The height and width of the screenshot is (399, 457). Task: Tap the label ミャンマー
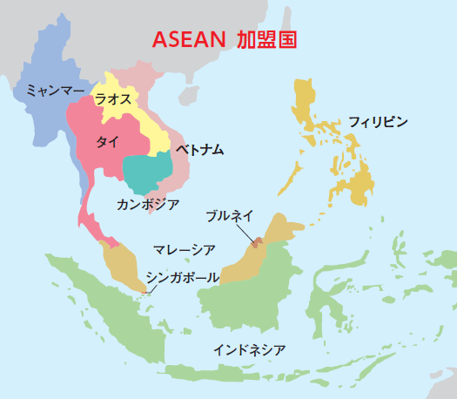(55, 90)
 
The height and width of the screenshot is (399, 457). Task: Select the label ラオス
(113, 99)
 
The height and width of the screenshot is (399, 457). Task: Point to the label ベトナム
(198, 150)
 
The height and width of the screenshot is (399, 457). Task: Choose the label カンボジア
(148, 204)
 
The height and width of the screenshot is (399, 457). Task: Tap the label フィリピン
(378, 121)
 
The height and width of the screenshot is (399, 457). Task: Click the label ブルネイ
(231, 214)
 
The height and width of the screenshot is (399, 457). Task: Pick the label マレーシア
(185, 250)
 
